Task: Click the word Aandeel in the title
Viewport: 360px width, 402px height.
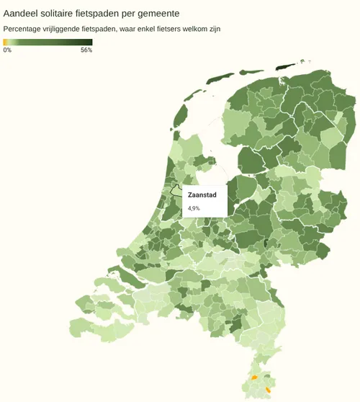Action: coord(22,13)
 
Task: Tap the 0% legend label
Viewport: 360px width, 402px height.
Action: coord(7,50)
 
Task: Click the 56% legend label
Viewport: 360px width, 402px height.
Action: coord(86,50)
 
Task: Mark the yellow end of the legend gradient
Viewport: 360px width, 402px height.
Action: coord(5,42)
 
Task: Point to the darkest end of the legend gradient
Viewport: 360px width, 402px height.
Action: coord(90,42)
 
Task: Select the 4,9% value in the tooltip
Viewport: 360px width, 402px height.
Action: coord(194,208)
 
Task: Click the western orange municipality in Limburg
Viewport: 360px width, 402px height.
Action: coord(254,377)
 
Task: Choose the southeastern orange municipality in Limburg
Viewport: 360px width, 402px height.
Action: coord(268,390)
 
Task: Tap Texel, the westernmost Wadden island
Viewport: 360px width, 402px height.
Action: coord(181,114)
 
